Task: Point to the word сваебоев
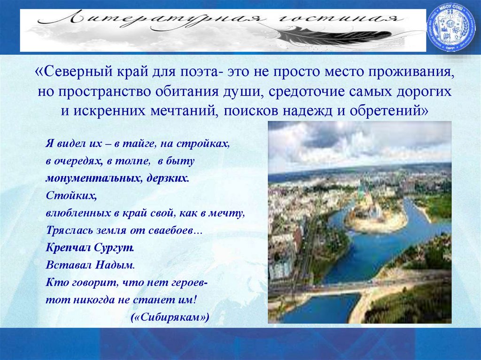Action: (x=176, y=230)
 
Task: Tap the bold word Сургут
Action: (x=120, y=247)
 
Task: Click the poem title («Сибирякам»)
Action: (x=170, y=317)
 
